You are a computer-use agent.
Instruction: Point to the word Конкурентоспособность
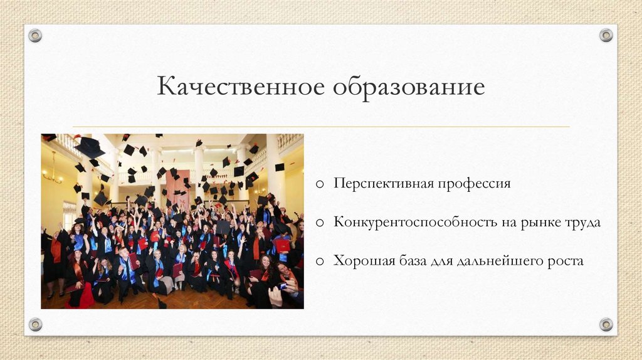(414, 223)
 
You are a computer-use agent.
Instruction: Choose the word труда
(583, 223)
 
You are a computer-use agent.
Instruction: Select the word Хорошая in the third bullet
(362, 260)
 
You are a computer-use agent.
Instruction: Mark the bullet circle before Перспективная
(320, 184)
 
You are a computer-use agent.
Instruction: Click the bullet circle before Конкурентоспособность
(320, 223)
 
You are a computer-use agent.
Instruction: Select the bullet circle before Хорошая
(320, 260)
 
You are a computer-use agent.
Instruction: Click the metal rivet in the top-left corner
(35, 35)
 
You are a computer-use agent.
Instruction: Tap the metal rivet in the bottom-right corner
(606, 324)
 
